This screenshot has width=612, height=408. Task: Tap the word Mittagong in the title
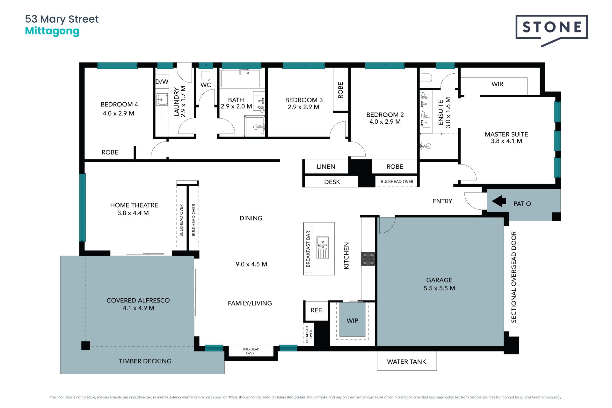tap(52, 31)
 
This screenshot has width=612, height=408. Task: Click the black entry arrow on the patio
tap(499, 201)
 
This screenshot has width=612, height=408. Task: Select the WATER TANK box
tap(407, 361)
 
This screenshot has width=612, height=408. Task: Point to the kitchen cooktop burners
tap(368, 259)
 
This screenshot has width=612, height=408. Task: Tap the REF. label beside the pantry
tap(317, 310)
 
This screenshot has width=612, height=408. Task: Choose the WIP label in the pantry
tap(352, 321)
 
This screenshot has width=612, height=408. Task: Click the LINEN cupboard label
tap(326, 167)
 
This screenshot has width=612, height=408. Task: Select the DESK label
tap(332, 182)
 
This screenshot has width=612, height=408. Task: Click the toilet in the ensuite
tap(426, 77)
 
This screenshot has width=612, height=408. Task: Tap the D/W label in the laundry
tap(162, 82)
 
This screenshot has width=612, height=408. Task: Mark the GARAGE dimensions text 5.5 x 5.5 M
tap(439, 288)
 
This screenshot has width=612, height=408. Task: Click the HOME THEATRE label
tap(134, 205)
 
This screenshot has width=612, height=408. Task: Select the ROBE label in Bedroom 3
tap(340, 90)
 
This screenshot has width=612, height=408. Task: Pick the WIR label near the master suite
tap(497, 84)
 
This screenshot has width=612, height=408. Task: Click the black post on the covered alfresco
tap(86, 346)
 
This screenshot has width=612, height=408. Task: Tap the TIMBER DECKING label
tap(145, 361)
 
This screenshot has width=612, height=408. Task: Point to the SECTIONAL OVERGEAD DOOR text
tap(514, 277)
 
